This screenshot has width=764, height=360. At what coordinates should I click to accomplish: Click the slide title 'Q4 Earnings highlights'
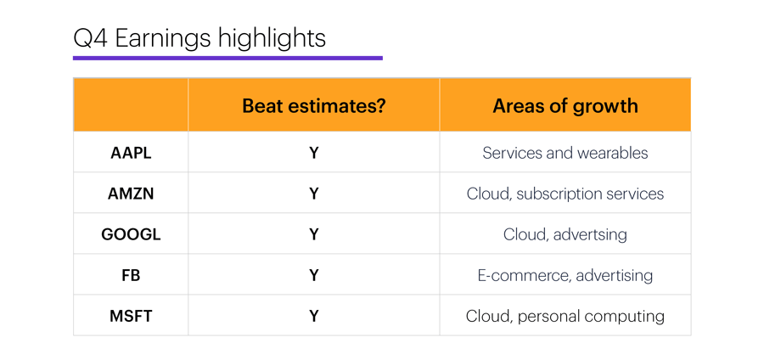pyautogui.click(x=199, y=39)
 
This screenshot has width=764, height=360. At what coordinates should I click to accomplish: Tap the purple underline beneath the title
pyautogui.click(x=228, y=58)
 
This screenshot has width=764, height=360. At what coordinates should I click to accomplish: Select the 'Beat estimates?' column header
pyautogui.click(x=314, y=106)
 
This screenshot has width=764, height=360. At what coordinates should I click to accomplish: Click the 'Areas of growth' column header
pyautogui.click(x=565, y=106)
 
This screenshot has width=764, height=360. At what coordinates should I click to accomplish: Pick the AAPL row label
pyautogui.click(x=131, y=153)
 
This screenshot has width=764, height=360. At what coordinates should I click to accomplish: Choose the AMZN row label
pyautogui.click(x=131, y=194)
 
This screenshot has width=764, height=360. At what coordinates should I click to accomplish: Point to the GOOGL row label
pyautogui.click(x=131, y=235)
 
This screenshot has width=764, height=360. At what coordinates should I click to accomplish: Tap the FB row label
pyautogui.click(x=131, y=276)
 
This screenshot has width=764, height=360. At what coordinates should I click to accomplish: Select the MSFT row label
pyautogui.click(x=131, y=317)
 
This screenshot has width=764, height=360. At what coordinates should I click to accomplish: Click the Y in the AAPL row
pyautogui.click(x=314, y=153)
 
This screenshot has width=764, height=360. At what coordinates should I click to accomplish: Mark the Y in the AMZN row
pyautogui.click(x=314, y=194)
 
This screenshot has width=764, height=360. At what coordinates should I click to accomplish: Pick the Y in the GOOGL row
pyautogui.click(x=314, y=235)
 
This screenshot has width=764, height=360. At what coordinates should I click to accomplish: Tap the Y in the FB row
pyautogui.click(x=314, y=276)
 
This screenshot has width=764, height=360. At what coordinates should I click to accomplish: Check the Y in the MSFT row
pyautogui.click(x=314, y=317)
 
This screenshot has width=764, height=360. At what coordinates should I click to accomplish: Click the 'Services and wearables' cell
pyautogui.click(x=565, y=153)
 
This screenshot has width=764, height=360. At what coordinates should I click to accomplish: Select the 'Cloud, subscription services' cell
pyautogui.click(x=565, y=194)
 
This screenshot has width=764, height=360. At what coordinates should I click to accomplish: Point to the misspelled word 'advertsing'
pyautogui.click(x=590, y=235)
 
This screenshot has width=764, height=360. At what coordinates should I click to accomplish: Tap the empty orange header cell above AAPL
pyautogui.click(x=131, y=104)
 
